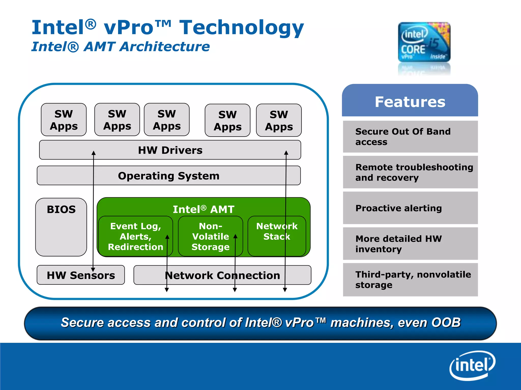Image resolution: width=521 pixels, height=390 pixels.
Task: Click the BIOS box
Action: (x=61, y=227)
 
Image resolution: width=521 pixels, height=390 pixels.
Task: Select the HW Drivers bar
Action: (x=170, y=150)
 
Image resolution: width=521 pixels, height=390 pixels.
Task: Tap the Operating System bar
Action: (x=168, y=176)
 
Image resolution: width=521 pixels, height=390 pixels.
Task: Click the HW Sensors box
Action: (x=81, y=275)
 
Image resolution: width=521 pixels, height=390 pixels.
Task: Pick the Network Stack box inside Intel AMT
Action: (x=277, y=236)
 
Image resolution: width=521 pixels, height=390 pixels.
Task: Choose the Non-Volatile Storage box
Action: (x=210, y=236)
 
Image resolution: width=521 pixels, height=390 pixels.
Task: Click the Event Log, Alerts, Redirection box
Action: (x=135, y=236)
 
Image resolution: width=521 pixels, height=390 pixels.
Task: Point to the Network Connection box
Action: (x=222, y=275)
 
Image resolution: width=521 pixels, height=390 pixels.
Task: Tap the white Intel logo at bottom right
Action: (x=472, y=366)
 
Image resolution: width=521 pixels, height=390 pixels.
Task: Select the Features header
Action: (x=410, y=102)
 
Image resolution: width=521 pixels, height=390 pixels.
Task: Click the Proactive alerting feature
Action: (x=410, y=208)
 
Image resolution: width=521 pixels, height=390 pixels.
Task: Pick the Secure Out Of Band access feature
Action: (x=410, y=137)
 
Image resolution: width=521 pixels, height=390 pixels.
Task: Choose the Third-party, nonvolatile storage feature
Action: (x=410, y=280)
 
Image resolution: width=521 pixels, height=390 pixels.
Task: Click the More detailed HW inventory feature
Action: (x=410, y=244)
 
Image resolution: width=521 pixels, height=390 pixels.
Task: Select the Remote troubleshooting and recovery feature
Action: (x=410, y=172)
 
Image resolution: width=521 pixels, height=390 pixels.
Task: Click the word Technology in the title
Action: (x=241, y=28)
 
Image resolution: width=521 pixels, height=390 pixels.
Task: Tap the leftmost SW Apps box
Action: (x=64, y=120)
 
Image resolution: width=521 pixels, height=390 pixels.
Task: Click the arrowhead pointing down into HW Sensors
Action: (x=93, y=269)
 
